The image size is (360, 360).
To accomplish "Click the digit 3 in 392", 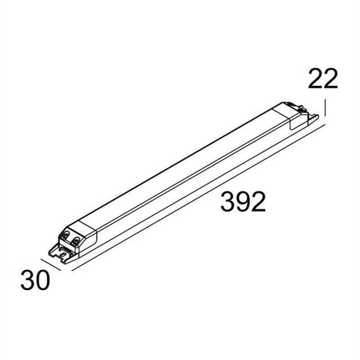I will pyautogui.click(x=228, y=202).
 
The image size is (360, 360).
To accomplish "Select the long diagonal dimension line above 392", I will pyautogui.click(x=198, y=198).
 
